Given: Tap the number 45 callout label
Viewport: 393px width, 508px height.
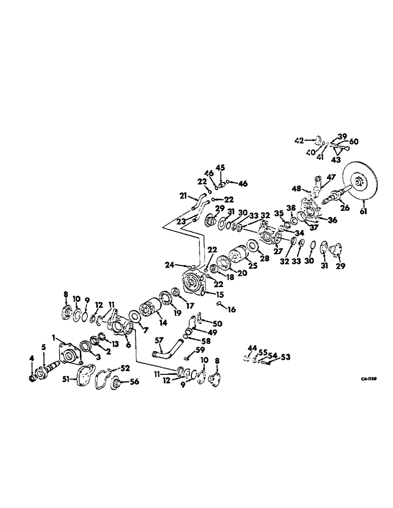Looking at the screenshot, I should click(220, 167).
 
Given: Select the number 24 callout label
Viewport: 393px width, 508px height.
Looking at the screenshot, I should click(170, 264).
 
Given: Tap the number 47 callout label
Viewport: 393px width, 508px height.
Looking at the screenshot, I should click(332, 177).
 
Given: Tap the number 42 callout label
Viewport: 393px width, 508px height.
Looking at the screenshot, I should click(300, 139).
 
